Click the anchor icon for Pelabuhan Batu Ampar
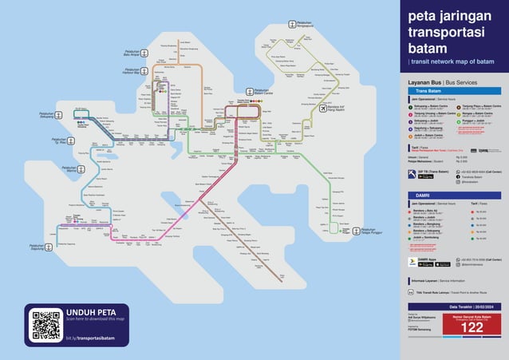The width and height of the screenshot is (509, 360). click(147, 54)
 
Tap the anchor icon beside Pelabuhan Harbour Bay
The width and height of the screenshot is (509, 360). click(147, 70)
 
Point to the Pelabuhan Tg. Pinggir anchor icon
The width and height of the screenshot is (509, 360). click(47, 143)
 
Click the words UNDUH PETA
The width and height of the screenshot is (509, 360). click(90, 311)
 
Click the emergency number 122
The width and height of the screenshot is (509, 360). click(472, 327)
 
